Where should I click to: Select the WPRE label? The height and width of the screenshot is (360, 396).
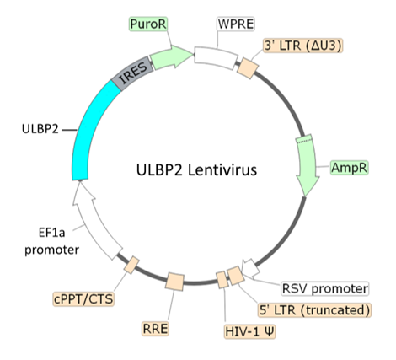point(234,23)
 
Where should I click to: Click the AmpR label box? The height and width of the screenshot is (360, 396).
point(350,169)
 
